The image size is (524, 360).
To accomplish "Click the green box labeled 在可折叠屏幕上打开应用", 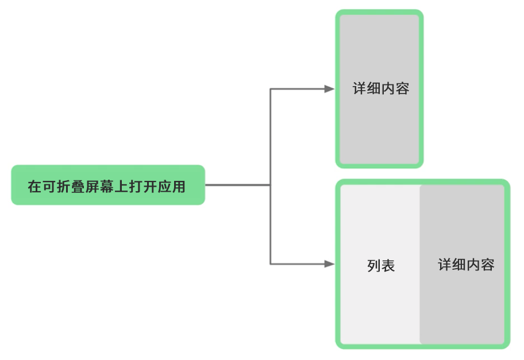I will (108, 185).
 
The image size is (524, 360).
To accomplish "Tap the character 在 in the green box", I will (35, 187).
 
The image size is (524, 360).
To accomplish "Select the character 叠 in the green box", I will (78, 187).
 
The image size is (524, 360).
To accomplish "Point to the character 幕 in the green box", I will (107, 187).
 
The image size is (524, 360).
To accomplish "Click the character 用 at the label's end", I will (179, 187).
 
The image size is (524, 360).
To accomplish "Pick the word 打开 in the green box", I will (143, 187).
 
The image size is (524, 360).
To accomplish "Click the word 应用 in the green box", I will (172, 187).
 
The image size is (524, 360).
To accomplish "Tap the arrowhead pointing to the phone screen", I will (329, 89).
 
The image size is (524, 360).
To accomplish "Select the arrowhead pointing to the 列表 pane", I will (329, 264).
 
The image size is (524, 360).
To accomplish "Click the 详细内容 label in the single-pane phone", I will (380, 89).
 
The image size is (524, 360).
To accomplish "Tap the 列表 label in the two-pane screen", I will (380, 266).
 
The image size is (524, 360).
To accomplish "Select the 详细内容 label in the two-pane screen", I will (466, 265).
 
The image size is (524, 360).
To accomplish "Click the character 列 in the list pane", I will (373, 266).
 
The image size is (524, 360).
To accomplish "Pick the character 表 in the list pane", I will (388, 266).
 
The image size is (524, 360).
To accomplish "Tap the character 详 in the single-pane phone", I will (359, 89).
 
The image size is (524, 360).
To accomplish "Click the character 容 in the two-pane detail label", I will (488, 265).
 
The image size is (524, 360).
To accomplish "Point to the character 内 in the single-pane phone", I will (388, 89).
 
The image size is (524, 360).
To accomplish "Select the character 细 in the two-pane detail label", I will (459, 265).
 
